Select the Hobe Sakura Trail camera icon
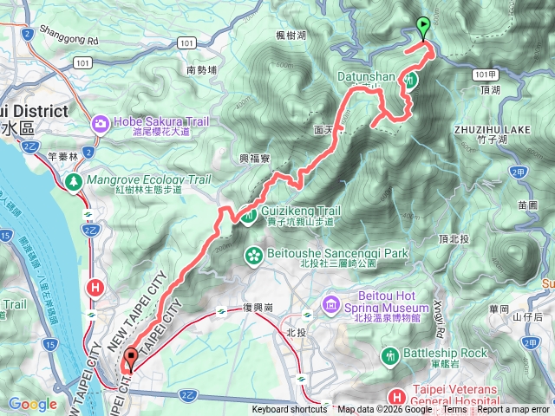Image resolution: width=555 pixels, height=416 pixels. click(101, 124)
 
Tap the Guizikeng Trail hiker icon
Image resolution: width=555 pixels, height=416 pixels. click(249, 214)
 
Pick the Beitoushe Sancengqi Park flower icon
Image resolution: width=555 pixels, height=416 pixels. click(254, 255)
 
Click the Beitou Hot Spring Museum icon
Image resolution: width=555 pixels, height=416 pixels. click(330, 305)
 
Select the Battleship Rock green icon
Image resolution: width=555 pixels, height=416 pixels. click(390, 354)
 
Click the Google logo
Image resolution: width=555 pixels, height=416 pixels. click(32, 404)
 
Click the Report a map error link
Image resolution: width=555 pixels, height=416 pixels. click(513, 410)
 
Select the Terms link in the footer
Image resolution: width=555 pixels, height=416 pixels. click(454, 410)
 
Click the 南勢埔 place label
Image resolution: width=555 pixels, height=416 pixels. click(204, 69)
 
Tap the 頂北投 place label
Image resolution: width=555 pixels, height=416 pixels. click(454, 237)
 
